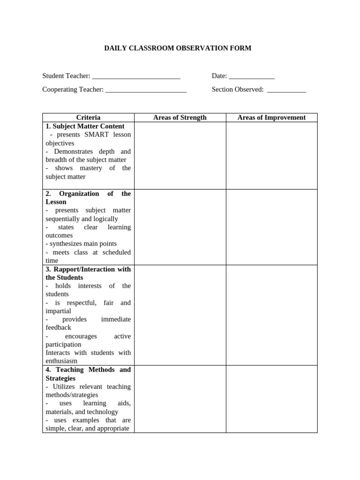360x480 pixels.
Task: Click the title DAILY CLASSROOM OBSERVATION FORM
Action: click(178, 48)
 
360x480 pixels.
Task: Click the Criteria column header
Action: click(88, 118)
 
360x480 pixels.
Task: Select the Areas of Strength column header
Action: click(180, 118)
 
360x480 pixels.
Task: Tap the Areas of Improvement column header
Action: click(271, 118)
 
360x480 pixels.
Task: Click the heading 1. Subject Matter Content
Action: click(85, 126)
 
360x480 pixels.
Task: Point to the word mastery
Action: click(90, 168)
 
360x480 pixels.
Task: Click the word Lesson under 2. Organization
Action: click(56, 202)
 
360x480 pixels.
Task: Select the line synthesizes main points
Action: click(81, 244)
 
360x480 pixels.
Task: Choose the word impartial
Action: click(58, 311)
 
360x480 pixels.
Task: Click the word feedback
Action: click(58, 328)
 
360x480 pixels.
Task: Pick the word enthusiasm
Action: click(61, 361)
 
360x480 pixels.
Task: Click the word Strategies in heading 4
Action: click(60, 378)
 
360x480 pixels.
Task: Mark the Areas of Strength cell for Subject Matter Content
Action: click(180, 156)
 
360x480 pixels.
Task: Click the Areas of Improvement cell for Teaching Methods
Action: click(271, 399)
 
